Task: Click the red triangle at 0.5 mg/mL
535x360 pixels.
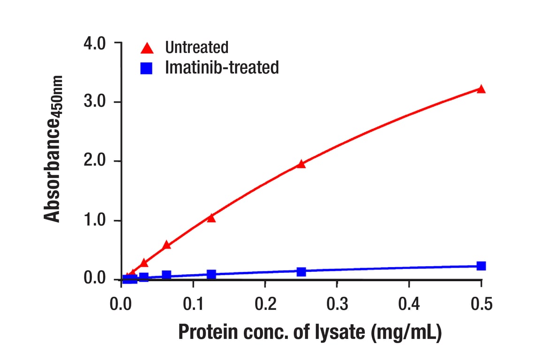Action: (481, 89)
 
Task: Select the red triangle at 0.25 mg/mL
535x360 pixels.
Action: (301, 164)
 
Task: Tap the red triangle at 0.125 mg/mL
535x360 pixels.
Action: (211, 218)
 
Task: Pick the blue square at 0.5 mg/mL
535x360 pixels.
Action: (481, 266)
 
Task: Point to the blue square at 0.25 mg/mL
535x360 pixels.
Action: (301, 271)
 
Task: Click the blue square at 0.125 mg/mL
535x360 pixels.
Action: (211, 274)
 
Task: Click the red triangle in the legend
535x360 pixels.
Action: (147, 48)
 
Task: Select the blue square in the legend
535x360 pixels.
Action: (147, 68)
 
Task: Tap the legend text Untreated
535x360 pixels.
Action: (196, 47)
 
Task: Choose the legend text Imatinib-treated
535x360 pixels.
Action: (222, 67)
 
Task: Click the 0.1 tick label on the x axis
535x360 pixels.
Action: (193, 306)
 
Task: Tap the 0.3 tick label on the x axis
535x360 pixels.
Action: (337, 306)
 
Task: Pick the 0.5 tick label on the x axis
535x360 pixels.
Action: (481, 306)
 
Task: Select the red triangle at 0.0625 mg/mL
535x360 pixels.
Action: (166, 245)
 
